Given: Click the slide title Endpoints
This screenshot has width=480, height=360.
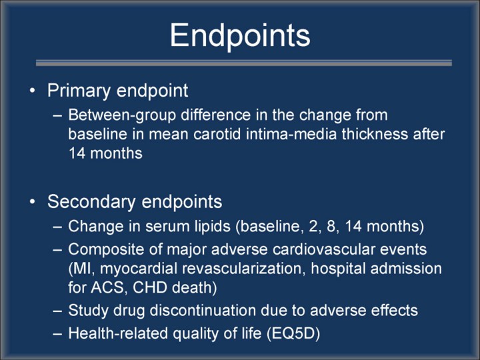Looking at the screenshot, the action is [240, 35].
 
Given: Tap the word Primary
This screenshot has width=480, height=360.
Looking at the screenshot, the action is [79, 91].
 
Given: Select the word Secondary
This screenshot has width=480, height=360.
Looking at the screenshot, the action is [91, 203].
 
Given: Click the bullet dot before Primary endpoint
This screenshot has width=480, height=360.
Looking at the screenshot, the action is [33, 91].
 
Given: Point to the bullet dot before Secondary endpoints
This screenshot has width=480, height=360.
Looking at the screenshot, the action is [33, 202].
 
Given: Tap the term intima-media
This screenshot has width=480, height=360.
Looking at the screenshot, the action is [291, 135].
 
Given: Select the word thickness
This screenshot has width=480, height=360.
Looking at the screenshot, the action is [375, 135].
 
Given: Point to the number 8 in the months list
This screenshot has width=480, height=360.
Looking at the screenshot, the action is [331, 227].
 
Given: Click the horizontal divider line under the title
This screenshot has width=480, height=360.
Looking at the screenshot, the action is [244, 63].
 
